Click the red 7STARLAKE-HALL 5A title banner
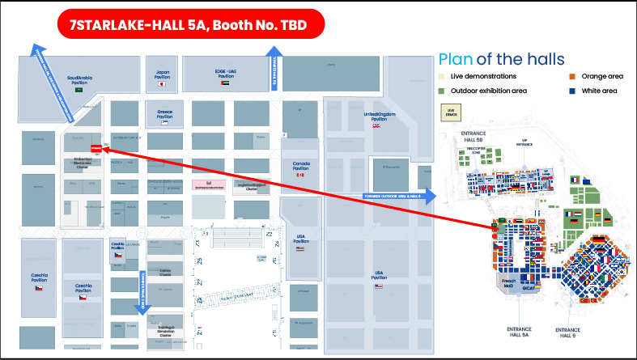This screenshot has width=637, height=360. click(x=191, y=24)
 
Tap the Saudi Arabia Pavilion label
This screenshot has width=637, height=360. click(x=79, y=79)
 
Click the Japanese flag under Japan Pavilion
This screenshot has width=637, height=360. click(x=161, y=83)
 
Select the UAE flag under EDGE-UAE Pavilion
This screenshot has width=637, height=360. click(x=225, y=83)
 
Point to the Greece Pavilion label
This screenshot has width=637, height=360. click(x=159, y=112)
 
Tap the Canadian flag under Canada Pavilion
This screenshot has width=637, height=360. click(x=300, y=175)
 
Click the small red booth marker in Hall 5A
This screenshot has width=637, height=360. click(x=96, y=148)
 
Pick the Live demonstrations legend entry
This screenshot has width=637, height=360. click(x=478, y=77)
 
